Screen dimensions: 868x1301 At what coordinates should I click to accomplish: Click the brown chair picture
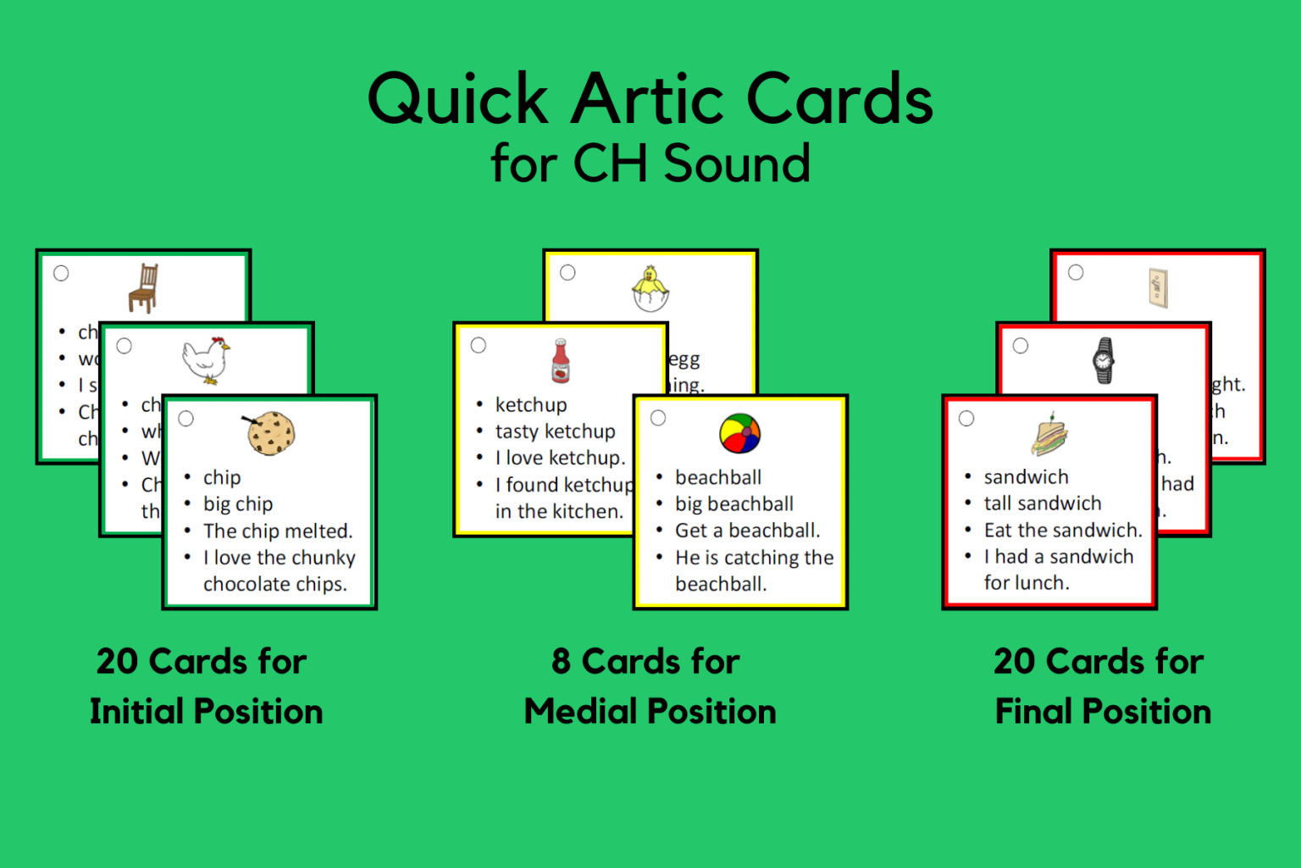point(144,288)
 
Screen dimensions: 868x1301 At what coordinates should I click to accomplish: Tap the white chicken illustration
point(206,359)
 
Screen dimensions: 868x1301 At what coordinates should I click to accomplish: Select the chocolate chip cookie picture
point(270,433)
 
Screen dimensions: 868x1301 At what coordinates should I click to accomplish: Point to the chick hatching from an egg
point(650,289)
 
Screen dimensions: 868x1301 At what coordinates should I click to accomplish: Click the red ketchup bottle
point(561,361)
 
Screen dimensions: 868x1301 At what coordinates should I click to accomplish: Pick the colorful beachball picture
point(739,434)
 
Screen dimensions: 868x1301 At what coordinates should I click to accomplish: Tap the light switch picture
point(1158,287)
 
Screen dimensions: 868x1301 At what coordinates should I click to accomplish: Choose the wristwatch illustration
point(1103,360)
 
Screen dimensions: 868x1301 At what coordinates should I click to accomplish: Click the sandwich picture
point(1049,435)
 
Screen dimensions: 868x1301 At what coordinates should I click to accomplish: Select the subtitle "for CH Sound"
point(650,163)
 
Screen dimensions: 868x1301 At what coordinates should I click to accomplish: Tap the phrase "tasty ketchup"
point(555,431)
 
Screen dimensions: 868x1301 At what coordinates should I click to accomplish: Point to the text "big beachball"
point(734,504)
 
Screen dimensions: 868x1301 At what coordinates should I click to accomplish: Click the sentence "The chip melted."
point(277,531)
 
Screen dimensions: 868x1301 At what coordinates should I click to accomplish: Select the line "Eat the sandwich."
point(1062,531)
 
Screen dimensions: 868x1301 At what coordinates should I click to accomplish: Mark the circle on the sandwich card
point(966,418)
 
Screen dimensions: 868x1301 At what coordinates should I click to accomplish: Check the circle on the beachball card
point(658,418)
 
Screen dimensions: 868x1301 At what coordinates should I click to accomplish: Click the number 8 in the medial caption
point(561,661)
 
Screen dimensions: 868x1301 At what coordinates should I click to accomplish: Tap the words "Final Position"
point(1103,712)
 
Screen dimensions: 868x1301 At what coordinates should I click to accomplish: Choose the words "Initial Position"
point(207,712)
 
